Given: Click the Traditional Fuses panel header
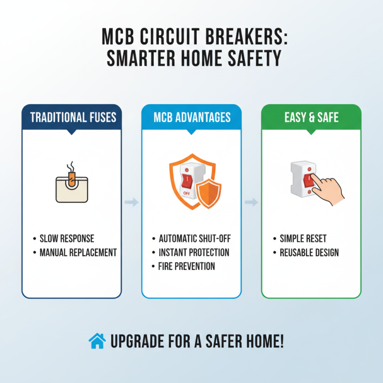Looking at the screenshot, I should (x=71, y=117).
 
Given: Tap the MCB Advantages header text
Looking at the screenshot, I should (x=191, y=117).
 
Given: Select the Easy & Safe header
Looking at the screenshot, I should (x=311, y=117).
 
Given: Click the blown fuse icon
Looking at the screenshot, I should (x=71, y=187).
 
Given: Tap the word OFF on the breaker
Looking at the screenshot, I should (x=186, y=193).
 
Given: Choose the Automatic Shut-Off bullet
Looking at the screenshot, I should (x=194, y=238).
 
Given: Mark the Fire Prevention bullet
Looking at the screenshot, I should (x=187, y=266).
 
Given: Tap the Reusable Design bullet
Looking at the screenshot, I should (x=309, y=252).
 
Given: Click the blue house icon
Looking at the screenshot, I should (x=97, y=341).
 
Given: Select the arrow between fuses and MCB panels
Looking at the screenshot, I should (x=131, y=203).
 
